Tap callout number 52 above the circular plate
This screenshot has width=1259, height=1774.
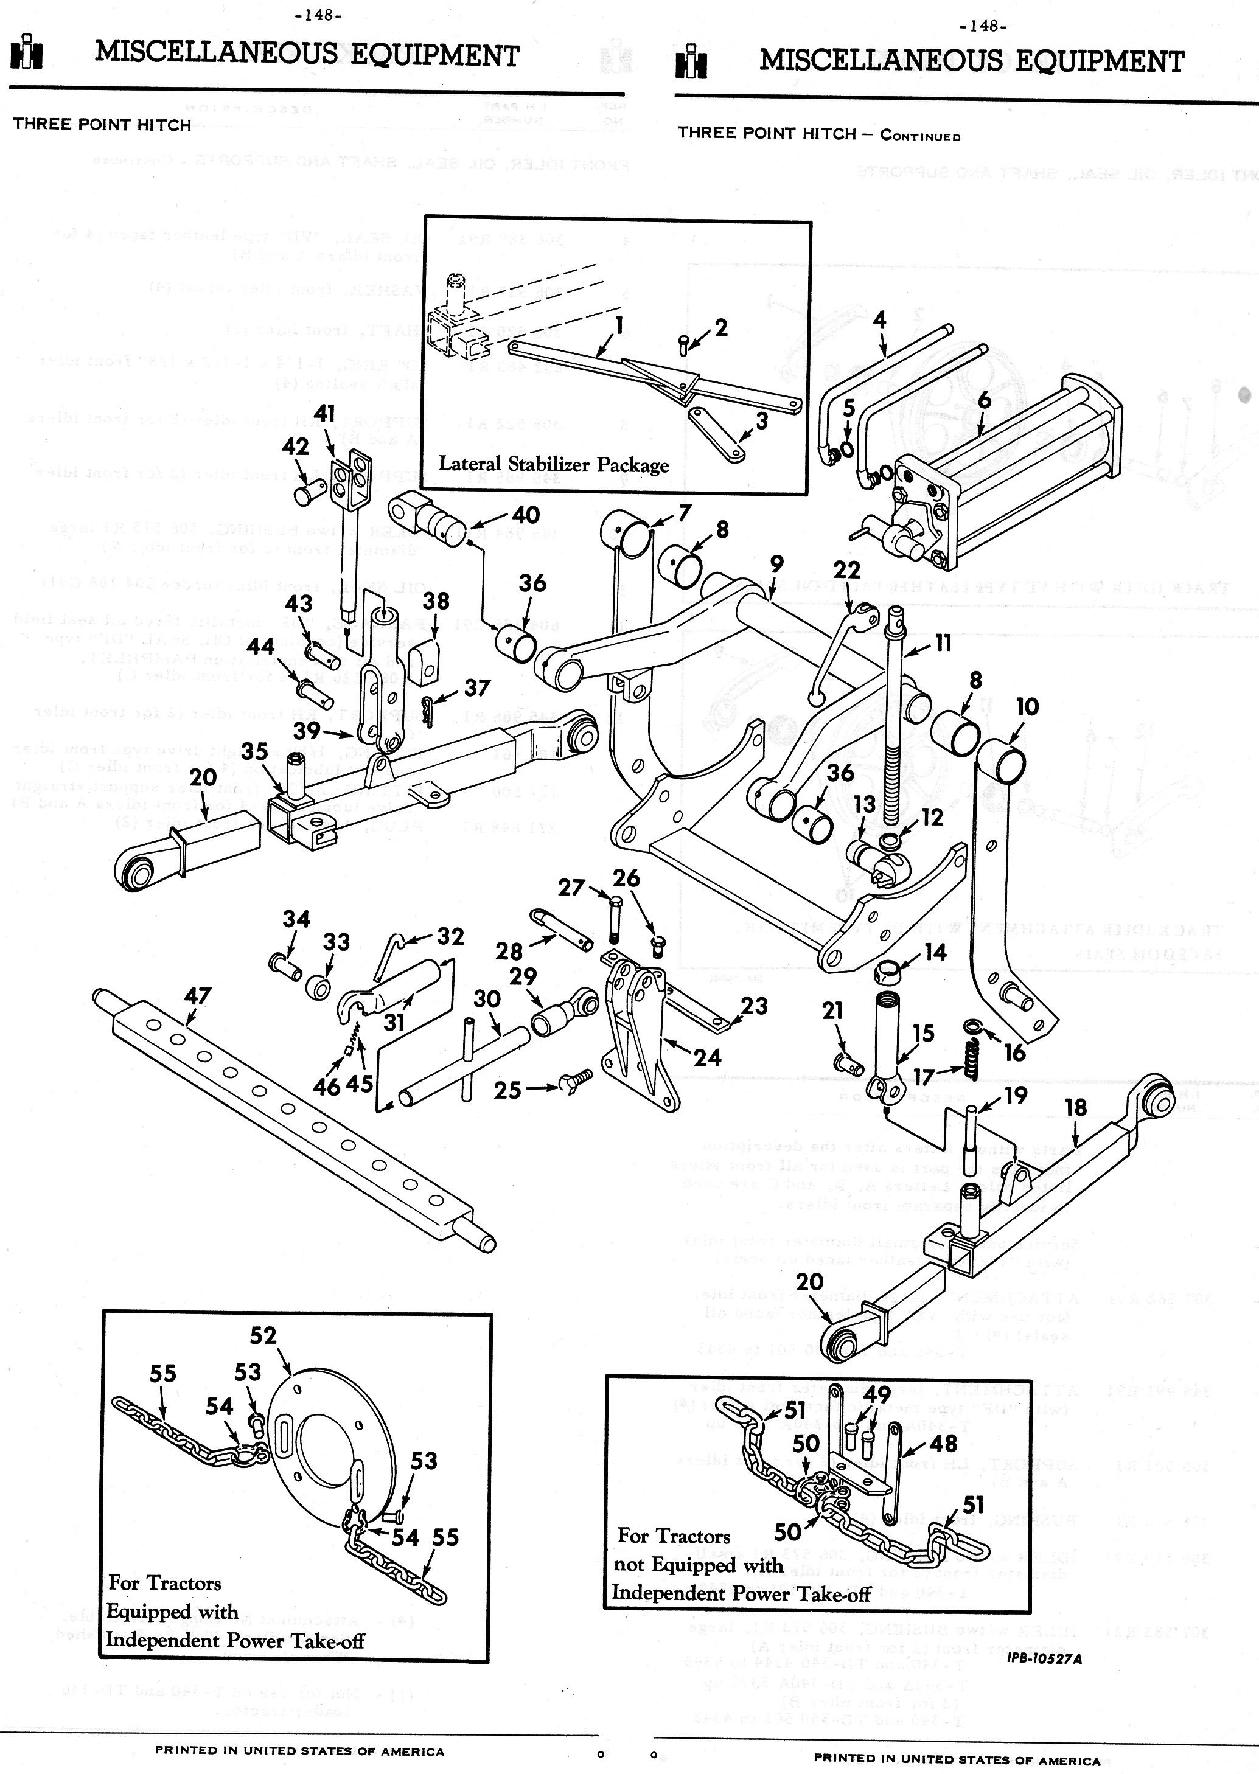(263, 1335)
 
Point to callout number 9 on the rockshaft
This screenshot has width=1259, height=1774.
(776, 564)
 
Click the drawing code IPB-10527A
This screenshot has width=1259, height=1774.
(1044, 1658)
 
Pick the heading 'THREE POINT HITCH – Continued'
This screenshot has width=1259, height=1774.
(818, 134)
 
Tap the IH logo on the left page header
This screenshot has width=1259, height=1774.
(26, 53)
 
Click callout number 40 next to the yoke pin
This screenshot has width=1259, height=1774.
(526, 515)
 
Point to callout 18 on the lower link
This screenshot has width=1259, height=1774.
(1075, 1107)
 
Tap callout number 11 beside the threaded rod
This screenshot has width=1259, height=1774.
(943, 642)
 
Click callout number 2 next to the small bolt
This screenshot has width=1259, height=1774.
(720, 327)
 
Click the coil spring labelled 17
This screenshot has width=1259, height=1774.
(970, 1059)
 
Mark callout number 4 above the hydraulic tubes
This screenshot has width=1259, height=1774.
(879, 319)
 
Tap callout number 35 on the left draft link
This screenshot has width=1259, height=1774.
(254, 751)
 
